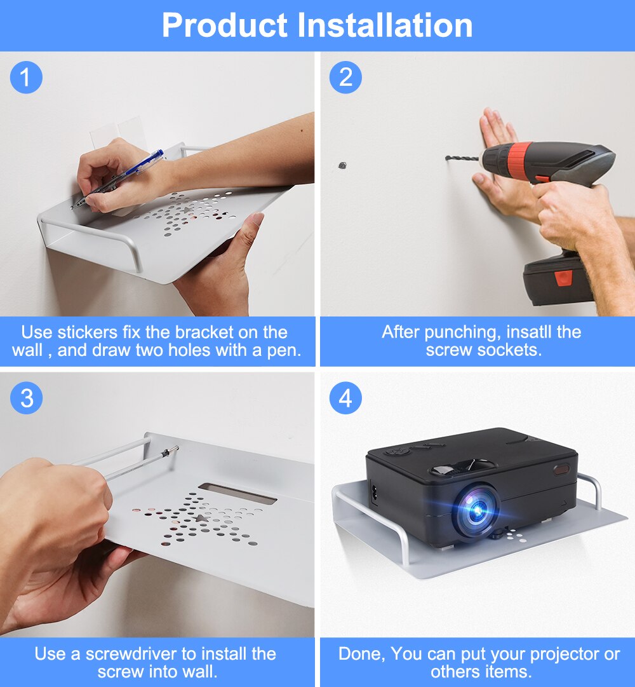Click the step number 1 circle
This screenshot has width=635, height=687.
coord(26,78)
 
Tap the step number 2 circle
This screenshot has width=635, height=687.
coord(345,78)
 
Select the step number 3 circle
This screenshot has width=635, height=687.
coord(26,398)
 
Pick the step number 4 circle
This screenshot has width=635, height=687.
coord(345,398)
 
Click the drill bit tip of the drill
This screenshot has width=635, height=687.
coord(448,158)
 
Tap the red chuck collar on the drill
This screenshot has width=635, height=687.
coord(519,159)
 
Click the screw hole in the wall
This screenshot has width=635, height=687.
coord(342,165)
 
